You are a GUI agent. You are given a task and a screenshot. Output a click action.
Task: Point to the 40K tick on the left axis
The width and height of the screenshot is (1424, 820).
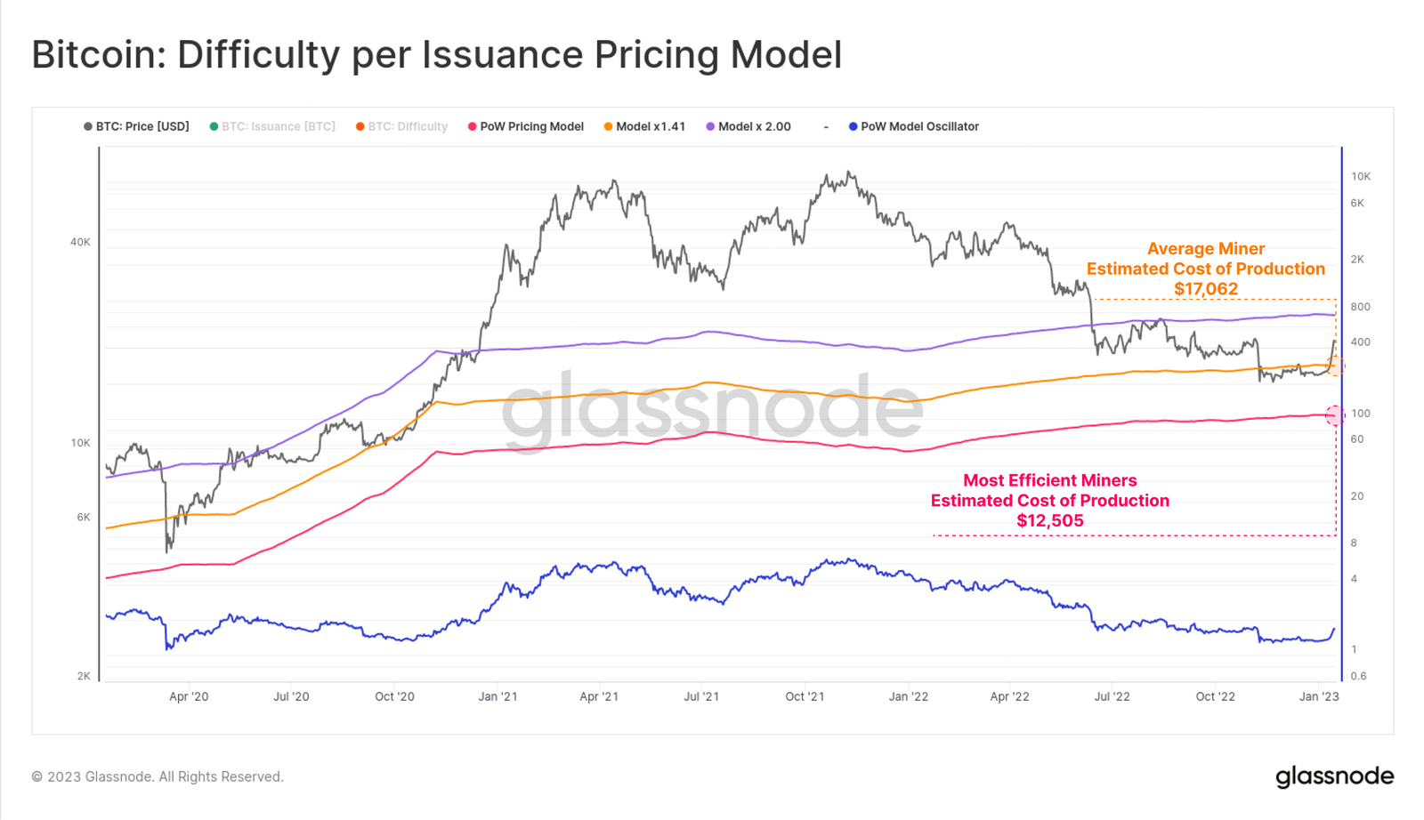[x=80, y=242]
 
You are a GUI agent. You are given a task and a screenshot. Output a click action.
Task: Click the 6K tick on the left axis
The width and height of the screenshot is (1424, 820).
[x=83, y=517]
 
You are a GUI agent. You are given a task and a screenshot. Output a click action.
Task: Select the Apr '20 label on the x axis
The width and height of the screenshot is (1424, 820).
[x=189, y=696]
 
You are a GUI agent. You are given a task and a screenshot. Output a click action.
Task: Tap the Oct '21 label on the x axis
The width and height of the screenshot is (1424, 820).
[x=805, y=696]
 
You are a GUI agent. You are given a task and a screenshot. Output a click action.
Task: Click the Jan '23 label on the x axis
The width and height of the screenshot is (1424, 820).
[x=1318, y=696]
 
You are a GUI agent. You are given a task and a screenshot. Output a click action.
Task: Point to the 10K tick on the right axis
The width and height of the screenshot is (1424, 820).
[x=1361, y=176]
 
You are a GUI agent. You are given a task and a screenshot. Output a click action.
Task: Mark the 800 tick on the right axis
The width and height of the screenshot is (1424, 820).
[x=1360, y=307]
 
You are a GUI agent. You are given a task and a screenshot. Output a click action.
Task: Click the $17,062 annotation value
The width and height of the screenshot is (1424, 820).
[x=1205, y=289]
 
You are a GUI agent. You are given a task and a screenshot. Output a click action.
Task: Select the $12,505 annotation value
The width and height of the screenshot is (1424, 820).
[x=1050, y=521]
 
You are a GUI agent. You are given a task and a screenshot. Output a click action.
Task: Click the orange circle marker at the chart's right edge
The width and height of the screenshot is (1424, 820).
[x=1335, y=365]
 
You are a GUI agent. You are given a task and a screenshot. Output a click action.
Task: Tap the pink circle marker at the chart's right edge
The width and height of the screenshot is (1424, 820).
[x=1335, y=414]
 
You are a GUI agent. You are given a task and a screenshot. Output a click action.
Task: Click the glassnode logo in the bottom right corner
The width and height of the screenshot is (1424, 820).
[x=1334, y=776]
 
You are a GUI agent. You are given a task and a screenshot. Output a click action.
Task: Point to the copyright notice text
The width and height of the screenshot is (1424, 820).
[x=158, y=776]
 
